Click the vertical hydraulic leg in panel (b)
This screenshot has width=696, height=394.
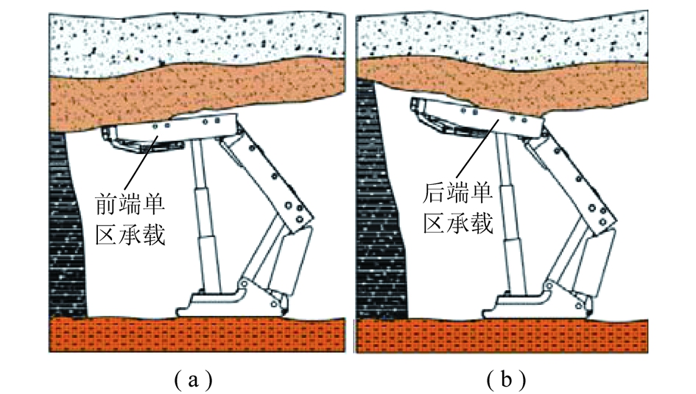507,214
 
